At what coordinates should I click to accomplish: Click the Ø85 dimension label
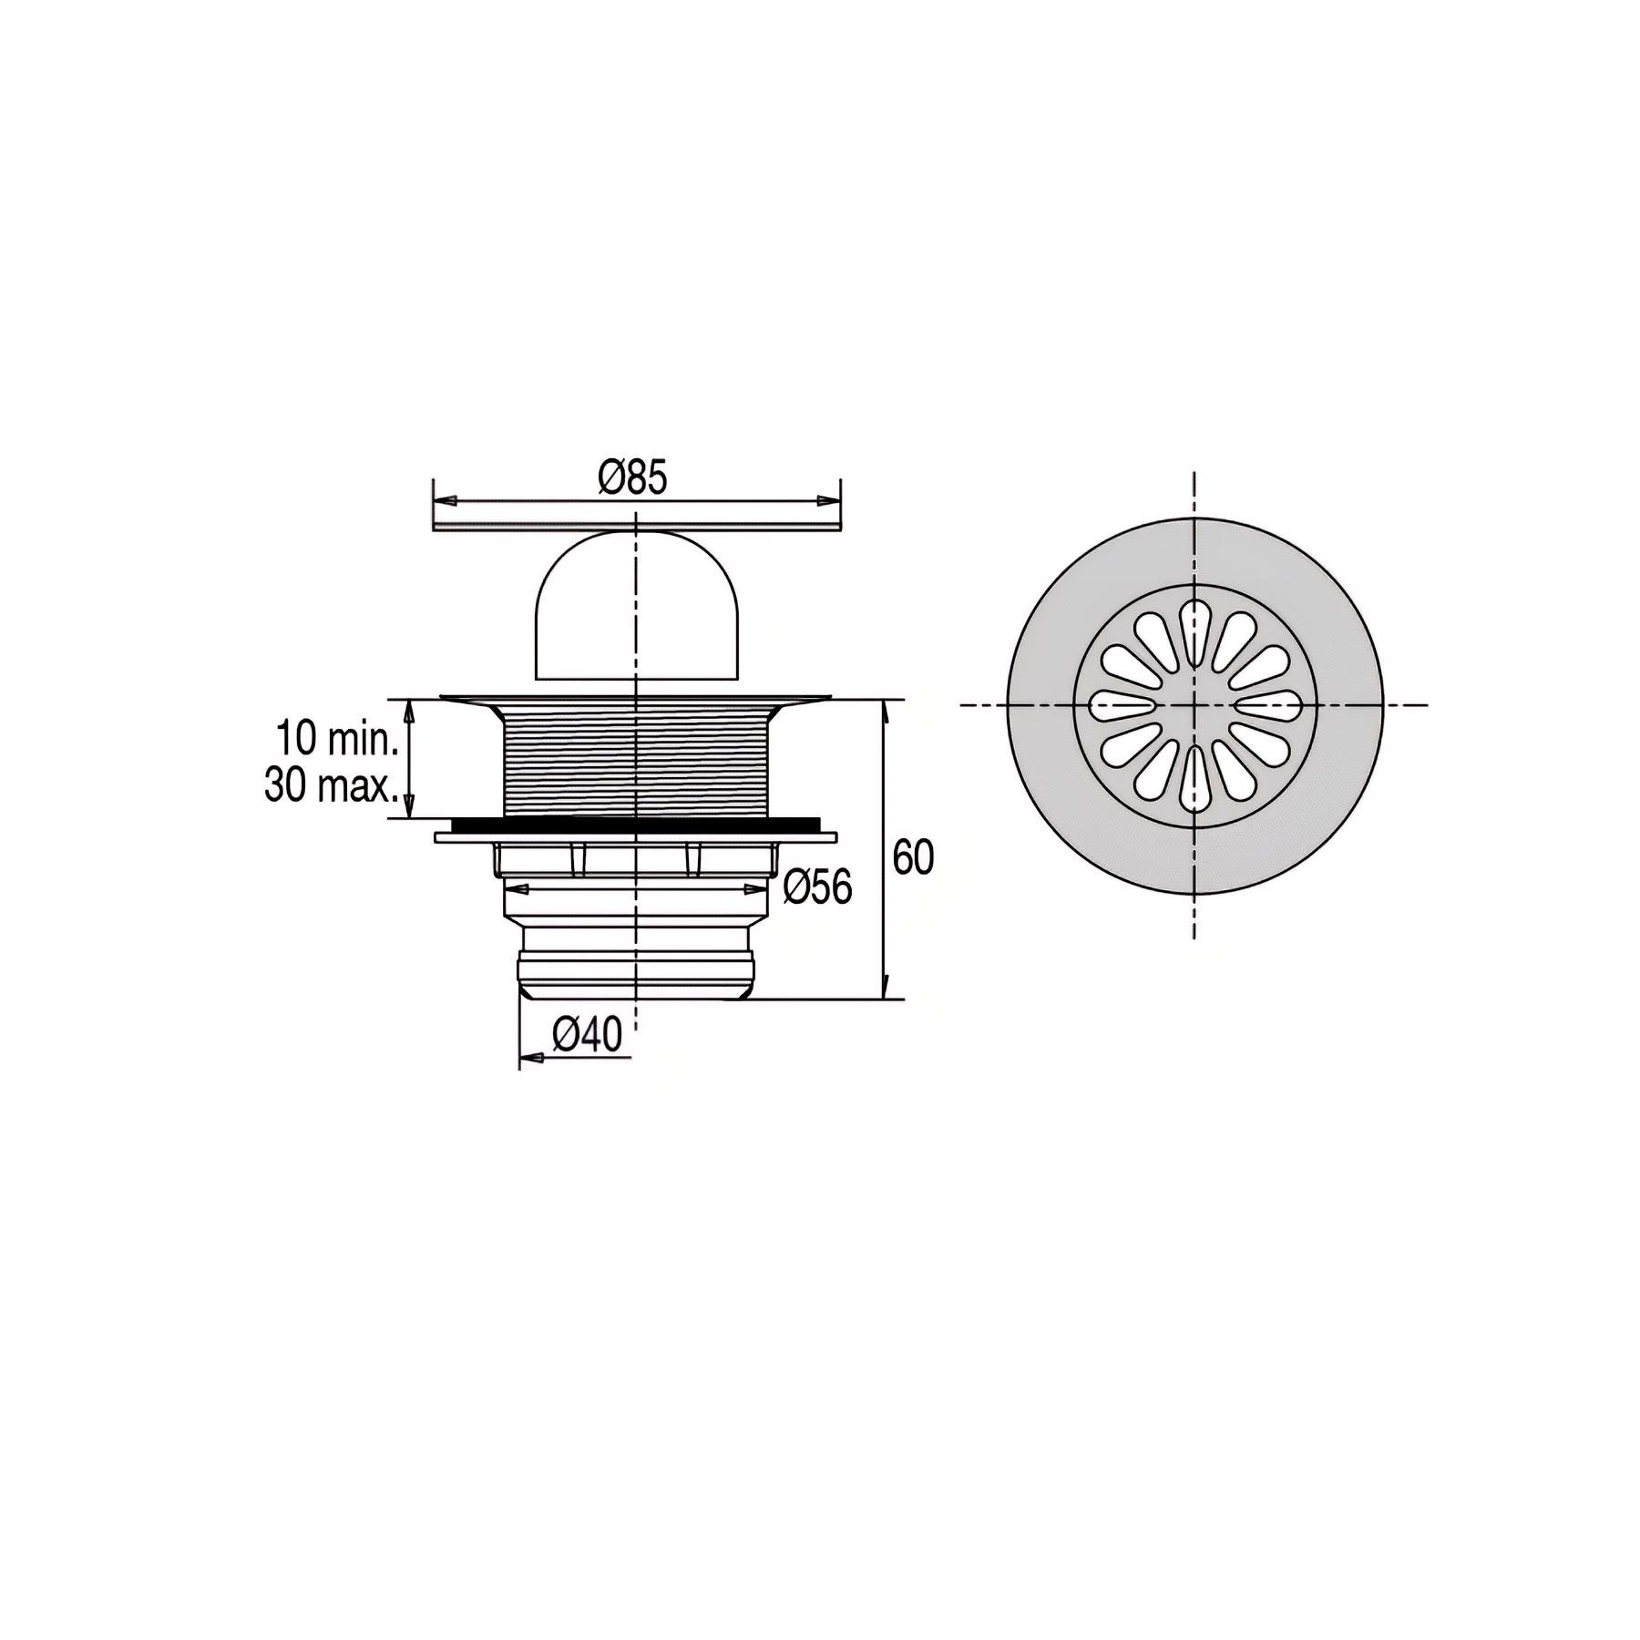633,477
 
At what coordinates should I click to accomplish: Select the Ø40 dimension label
588,1035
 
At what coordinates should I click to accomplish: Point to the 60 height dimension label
913,857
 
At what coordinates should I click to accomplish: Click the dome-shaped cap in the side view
635,607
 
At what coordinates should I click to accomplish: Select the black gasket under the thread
635,825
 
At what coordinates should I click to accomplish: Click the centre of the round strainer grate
1194,705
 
